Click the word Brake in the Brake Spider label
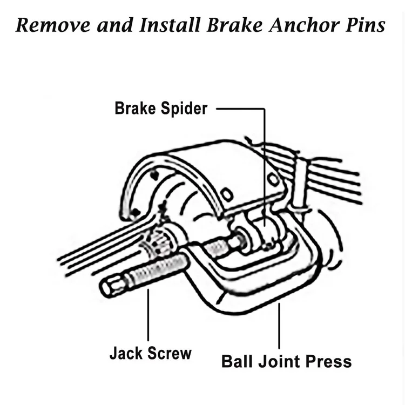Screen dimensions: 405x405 (135, 108)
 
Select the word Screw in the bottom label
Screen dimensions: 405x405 (169, 354)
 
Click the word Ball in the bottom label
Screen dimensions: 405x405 (238, 361)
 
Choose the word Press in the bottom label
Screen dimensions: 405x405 (329, 361)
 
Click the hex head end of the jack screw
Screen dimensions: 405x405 (111, 286)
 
